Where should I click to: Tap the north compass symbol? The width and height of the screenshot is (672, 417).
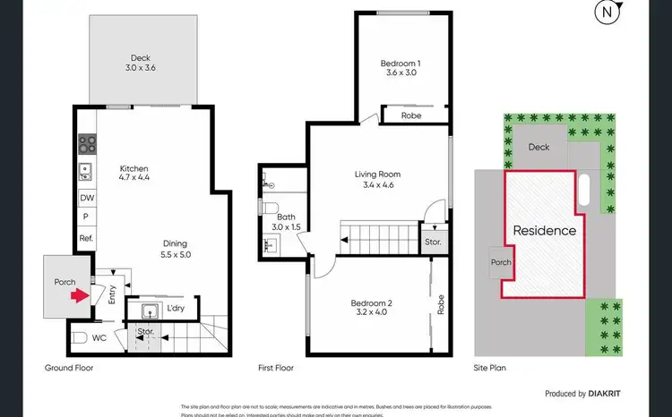point(610,14)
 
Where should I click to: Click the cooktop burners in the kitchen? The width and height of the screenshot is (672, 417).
point(88,144)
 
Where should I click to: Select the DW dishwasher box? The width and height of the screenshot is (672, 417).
point(87,199)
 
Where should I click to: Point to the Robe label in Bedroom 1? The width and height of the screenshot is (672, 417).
point(411,115)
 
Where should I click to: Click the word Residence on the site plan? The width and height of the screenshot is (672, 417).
point(544,230)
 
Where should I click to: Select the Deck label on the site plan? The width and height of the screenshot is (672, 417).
point(538,148)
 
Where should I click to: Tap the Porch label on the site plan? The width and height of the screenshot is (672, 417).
point(500,262)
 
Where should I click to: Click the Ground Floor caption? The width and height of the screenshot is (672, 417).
point(69,368)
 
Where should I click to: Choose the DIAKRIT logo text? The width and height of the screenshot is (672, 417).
point(614,393)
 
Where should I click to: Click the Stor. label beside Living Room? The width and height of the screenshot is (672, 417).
point(433,242)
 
